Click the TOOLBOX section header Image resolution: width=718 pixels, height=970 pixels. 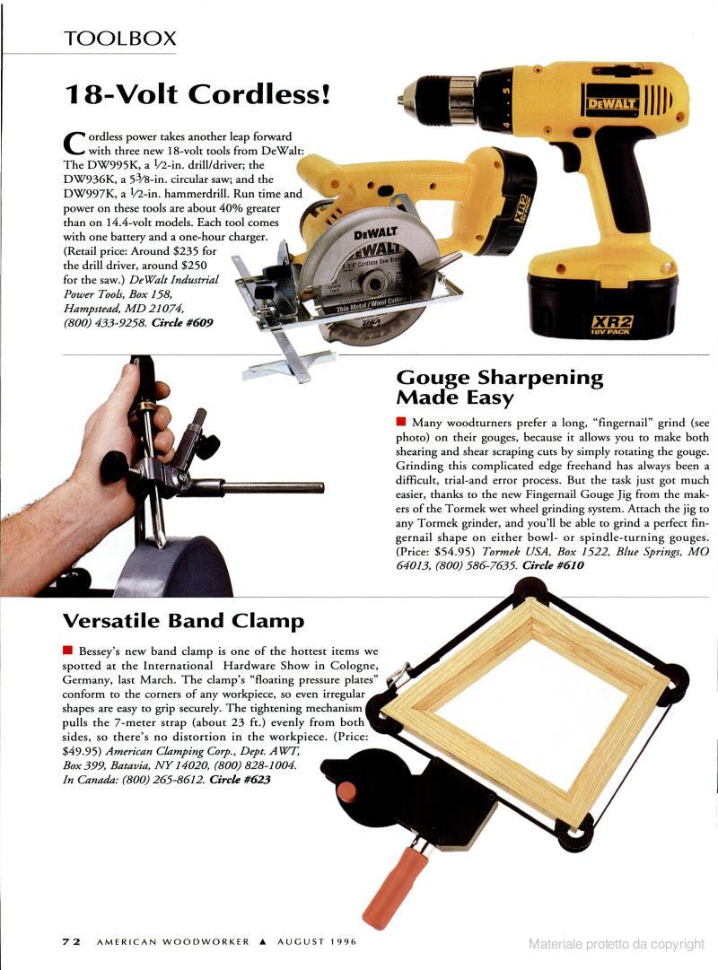(120, 39)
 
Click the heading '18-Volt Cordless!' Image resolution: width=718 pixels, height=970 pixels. (197, 94)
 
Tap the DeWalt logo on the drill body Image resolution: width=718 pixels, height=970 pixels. (612, 103)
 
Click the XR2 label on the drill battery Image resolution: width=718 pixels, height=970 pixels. (611, 323)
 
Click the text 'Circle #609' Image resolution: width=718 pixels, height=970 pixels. (182, 322)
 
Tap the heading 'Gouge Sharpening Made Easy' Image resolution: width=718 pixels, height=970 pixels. (499, 387)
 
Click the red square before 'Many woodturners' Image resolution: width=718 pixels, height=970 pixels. (401, 422)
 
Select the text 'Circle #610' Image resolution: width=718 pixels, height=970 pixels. (553, 564)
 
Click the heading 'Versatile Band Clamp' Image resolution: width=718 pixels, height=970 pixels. (183, 620)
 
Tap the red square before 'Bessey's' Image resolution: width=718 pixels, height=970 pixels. (68, 651)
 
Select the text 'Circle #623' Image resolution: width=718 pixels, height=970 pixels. (241, 780)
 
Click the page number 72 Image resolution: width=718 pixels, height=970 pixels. (71, 941)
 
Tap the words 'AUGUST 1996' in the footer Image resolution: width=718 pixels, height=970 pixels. (317, 941)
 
